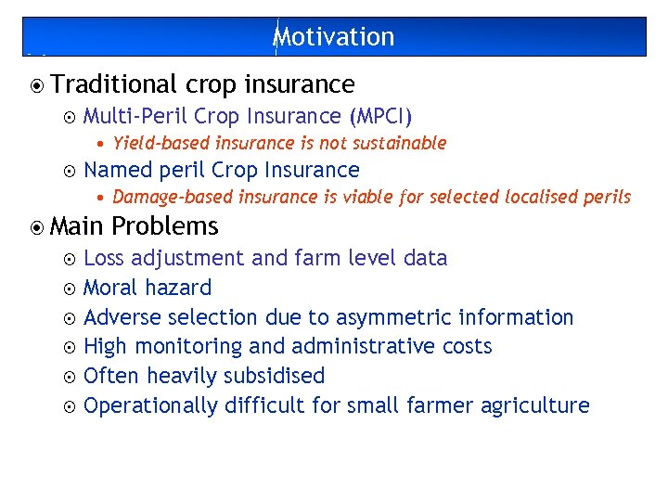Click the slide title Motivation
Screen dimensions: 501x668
[334, 37]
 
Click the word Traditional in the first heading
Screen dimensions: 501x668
[114, 84]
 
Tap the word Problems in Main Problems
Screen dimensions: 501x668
[165, 226]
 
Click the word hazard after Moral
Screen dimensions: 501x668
[179, 288]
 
